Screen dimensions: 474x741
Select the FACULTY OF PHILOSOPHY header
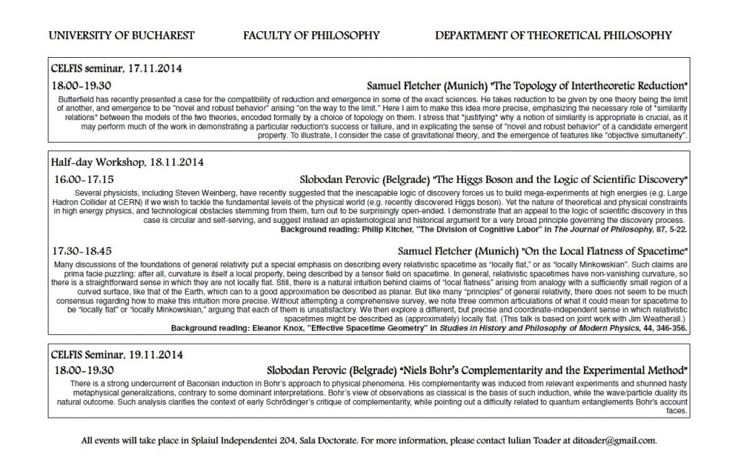(x=311, y=35)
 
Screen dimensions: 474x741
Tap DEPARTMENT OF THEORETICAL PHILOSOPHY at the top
(x=554, y=35)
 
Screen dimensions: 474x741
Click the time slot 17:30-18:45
(x=81, y=250)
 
